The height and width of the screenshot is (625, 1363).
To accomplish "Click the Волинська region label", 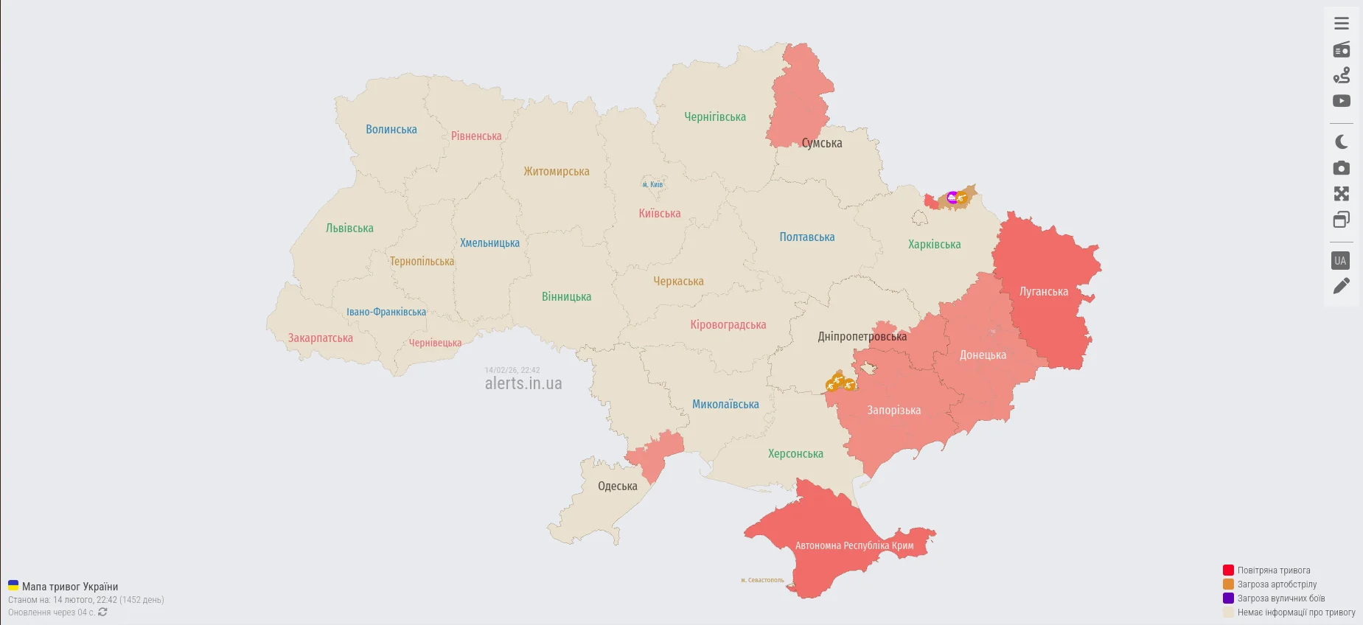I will click(391, 130).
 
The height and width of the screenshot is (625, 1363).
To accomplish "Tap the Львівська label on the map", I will click(349, 228).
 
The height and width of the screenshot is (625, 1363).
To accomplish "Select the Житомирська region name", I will click(557, 172).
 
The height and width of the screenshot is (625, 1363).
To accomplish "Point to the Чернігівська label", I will click(715, 117).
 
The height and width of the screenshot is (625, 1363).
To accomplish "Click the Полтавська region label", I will click(807, 237).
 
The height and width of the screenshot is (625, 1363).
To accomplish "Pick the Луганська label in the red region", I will click(1044, 292).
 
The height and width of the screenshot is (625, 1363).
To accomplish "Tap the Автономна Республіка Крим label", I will click(854, 546).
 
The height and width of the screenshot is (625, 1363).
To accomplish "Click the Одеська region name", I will click(618, 486).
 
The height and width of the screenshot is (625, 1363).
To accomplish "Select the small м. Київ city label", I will click(652, 185).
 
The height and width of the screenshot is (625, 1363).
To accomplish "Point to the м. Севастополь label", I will click(762, 580).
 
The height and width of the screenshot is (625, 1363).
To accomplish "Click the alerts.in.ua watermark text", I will click(523, 384).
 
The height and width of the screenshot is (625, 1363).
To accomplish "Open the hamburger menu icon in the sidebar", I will click(1342, 24).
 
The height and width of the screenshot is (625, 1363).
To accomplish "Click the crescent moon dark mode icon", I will click(1342, 142).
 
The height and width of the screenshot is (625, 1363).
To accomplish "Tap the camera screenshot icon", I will click(1342, 168).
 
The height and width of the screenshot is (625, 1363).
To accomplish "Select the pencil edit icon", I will click(1342, 285).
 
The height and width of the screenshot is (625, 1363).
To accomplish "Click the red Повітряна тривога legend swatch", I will click(1228, 570).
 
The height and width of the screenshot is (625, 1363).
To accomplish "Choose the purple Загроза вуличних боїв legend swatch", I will click(1228, 598).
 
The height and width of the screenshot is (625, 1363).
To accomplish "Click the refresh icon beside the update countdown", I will click(102, 612).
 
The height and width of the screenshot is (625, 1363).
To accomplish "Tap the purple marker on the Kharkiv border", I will click(952, 197).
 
